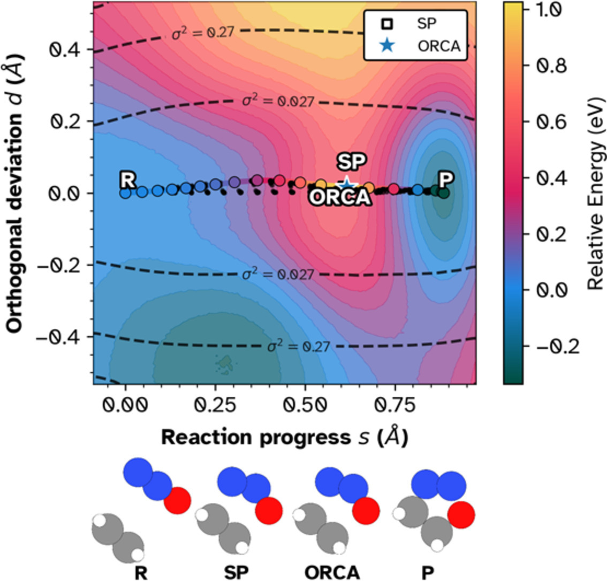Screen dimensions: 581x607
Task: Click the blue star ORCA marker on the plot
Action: click(346, 184)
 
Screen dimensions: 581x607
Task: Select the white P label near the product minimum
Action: click(443, 180)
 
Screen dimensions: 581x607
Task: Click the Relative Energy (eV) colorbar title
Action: click(595, 193)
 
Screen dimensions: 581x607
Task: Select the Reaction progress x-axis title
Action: click(284, 437)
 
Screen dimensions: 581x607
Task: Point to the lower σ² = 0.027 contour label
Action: click(277, 274)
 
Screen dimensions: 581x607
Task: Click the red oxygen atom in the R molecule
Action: click(178, 501)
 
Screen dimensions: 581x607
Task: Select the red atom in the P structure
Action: click(461, 515)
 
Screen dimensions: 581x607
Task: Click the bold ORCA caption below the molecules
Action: click(332, 573)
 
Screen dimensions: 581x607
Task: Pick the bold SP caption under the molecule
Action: click(236, 573)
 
